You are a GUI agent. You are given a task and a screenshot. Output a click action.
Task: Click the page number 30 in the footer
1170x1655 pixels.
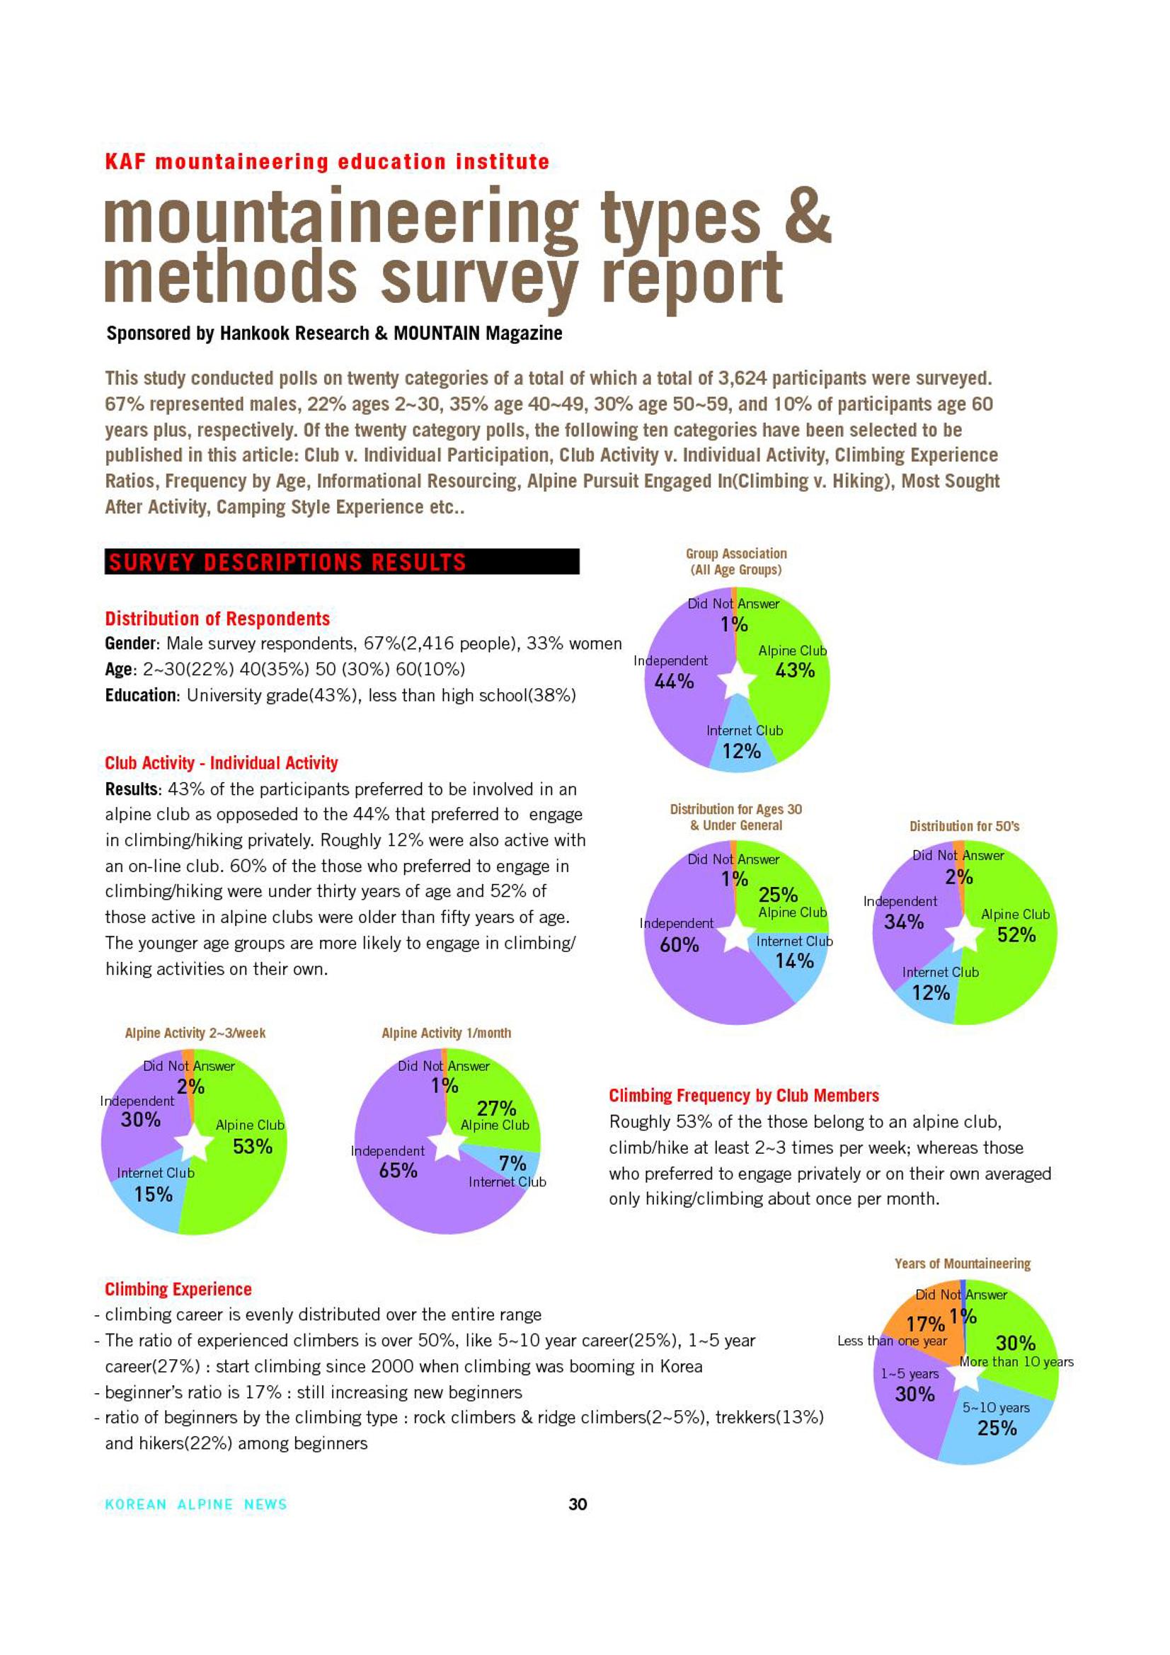coord(578,1504)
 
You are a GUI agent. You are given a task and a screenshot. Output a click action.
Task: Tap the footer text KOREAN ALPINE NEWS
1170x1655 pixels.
coord(196,1504)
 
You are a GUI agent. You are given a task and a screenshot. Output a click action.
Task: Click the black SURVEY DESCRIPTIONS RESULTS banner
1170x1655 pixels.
coord(342,561)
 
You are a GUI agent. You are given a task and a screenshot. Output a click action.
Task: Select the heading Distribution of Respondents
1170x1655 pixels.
coord(217,619)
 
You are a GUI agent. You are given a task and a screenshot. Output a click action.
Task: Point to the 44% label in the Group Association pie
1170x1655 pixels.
coord(673,681)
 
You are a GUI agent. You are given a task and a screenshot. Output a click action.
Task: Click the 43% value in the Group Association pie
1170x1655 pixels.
coord(795,670)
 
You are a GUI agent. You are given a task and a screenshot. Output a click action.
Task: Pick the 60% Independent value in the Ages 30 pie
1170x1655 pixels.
coord(679,944)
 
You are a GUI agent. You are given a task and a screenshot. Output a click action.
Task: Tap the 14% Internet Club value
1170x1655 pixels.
coord(794,960)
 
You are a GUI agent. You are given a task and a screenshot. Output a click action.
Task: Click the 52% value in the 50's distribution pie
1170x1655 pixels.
coord(1016,935)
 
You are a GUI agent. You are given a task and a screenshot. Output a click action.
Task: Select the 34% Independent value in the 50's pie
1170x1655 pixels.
coord(904,922)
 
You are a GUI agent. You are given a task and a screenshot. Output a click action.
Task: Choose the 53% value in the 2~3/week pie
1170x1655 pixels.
coord(252,1146)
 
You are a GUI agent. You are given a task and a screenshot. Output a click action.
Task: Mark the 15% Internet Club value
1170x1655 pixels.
coord(154,1194)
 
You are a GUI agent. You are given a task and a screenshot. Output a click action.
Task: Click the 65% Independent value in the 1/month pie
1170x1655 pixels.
coord(398,1170)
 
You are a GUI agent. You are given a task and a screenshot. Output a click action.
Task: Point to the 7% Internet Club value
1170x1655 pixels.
coord(512,1164)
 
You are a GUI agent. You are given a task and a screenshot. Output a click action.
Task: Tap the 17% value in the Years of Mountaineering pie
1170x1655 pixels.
coord(926,1324)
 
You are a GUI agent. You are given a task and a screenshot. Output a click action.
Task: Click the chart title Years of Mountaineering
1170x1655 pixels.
coord(963,1264)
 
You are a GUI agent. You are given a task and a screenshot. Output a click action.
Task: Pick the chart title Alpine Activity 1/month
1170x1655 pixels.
coord(446,1033)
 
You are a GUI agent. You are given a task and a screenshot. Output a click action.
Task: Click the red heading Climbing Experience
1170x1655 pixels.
coord(178,1289)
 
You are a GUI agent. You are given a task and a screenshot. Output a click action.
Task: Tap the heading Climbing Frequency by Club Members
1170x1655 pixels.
coord(744,1096)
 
